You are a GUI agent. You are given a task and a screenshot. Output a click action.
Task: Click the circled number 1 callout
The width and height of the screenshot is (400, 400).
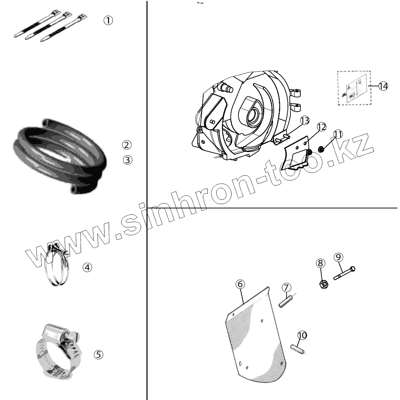[x=108, y=21]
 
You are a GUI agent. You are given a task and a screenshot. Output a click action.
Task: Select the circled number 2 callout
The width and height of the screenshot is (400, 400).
[x=127, y=145]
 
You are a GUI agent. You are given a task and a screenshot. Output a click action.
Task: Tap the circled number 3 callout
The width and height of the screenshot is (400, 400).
[x=127, y=160]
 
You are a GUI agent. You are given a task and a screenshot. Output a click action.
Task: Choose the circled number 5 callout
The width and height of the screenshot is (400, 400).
[x=98, y=354]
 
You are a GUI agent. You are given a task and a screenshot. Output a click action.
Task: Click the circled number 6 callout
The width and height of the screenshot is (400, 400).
[x=240, y=285]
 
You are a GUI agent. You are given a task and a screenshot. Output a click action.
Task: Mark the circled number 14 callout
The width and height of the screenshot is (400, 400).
[x=383, y=86]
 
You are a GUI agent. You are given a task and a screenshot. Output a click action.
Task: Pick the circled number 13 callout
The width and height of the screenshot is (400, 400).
[x=305, y=121]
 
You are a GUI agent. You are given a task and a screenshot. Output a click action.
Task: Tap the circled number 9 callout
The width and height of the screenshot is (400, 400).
[x=338, y=257]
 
